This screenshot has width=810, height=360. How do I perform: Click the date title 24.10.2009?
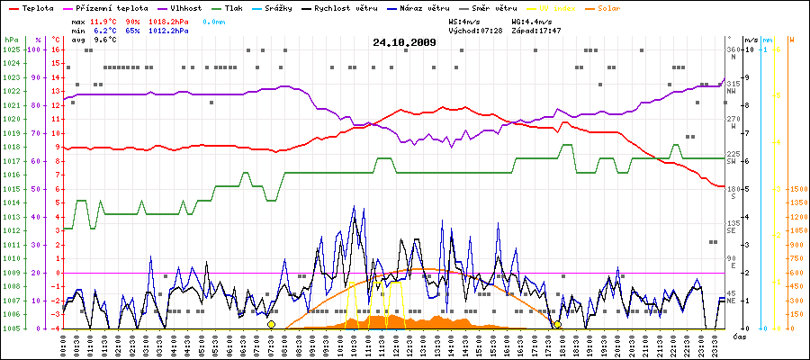click(x=404, y=42)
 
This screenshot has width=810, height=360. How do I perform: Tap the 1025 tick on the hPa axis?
click(x=11, y=49)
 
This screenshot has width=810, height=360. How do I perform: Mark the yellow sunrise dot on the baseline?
click(x=271, y=324)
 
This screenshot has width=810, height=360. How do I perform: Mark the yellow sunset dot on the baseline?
click(x=557, y=324)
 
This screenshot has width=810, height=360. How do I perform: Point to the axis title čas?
click(x=738, y=337)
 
